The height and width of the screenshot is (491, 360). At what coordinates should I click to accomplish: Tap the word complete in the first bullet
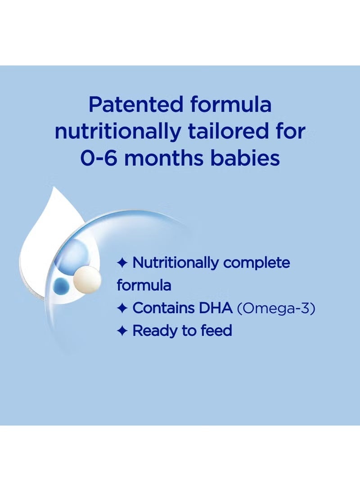click(256, 263)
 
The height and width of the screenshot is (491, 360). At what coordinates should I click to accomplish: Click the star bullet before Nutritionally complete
click(122, 263)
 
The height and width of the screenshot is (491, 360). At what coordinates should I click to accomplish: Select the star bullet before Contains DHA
click(122, 308)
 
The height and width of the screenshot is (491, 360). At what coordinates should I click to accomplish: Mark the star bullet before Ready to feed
click(122, 331)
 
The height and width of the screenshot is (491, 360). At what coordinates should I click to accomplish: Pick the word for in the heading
click(291, 131)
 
